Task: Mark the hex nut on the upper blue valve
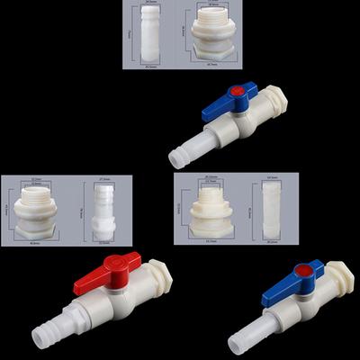coord(271,101)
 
